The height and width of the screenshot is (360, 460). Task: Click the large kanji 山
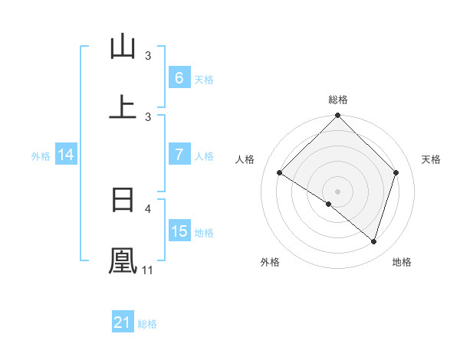(x=123, y=47)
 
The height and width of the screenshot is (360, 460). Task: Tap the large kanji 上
(x=123, y=106)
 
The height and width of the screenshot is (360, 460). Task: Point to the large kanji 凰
(x=123, y=260)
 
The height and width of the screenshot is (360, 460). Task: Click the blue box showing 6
(x=179, y=77)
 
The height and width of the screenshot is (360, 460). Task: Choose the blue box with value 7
(x=179, y=155)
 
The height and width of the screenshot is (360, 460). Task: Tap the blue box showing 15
(x=179, y=231)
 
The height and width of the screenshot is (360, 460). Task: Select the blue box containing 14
(x=66, y=155)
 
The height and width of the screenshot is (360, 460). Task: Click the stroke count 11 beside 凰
(x=147, y=270)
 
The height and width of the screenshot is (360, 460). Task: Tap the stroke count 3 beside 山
(x=149, y=55)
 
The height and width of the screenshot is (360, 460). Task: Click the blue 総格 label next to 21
(x=147, y=324)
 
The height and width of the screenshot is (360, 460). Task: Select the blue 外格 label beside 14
(x=41, y=155)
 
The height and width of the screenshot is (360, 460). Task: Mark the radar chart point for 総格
(x=338, y=116)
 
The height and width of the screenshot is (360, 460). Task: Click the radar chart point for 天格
(x=396, y=172)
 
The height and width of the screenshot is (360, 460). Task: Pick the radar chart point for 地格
(x=373, y=241)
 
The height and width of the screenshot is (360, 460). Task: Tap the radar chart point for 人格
(x=280, y=173)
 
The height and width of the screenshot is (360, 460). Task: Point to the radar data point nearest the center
(x=329, y=205)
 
